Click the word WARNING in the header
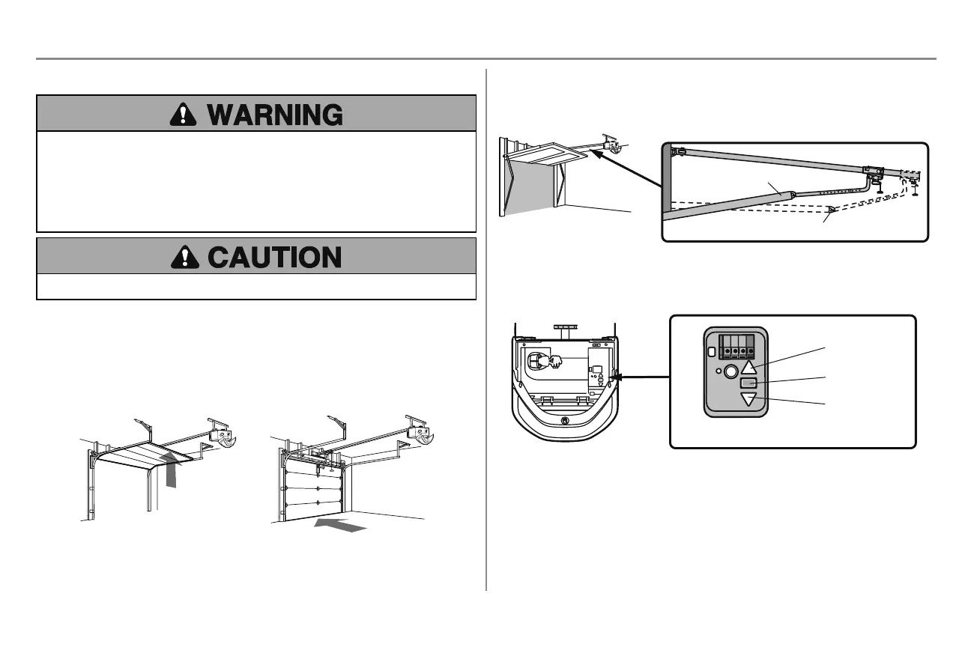point(275,114)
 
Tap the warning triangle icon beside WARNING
point(182,114)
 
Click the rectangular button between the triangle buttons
point(749,383)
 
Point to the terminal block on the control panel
point(736,347)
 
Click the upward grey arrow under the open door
point(173,473)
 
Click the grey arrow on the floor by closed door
point(341,525)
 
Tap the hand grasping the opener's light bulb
point(555,362)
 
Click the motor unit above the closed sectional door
point(417,432)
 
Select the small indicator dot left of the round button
point(717,371)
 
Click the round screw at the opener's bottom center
point(563,421)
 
